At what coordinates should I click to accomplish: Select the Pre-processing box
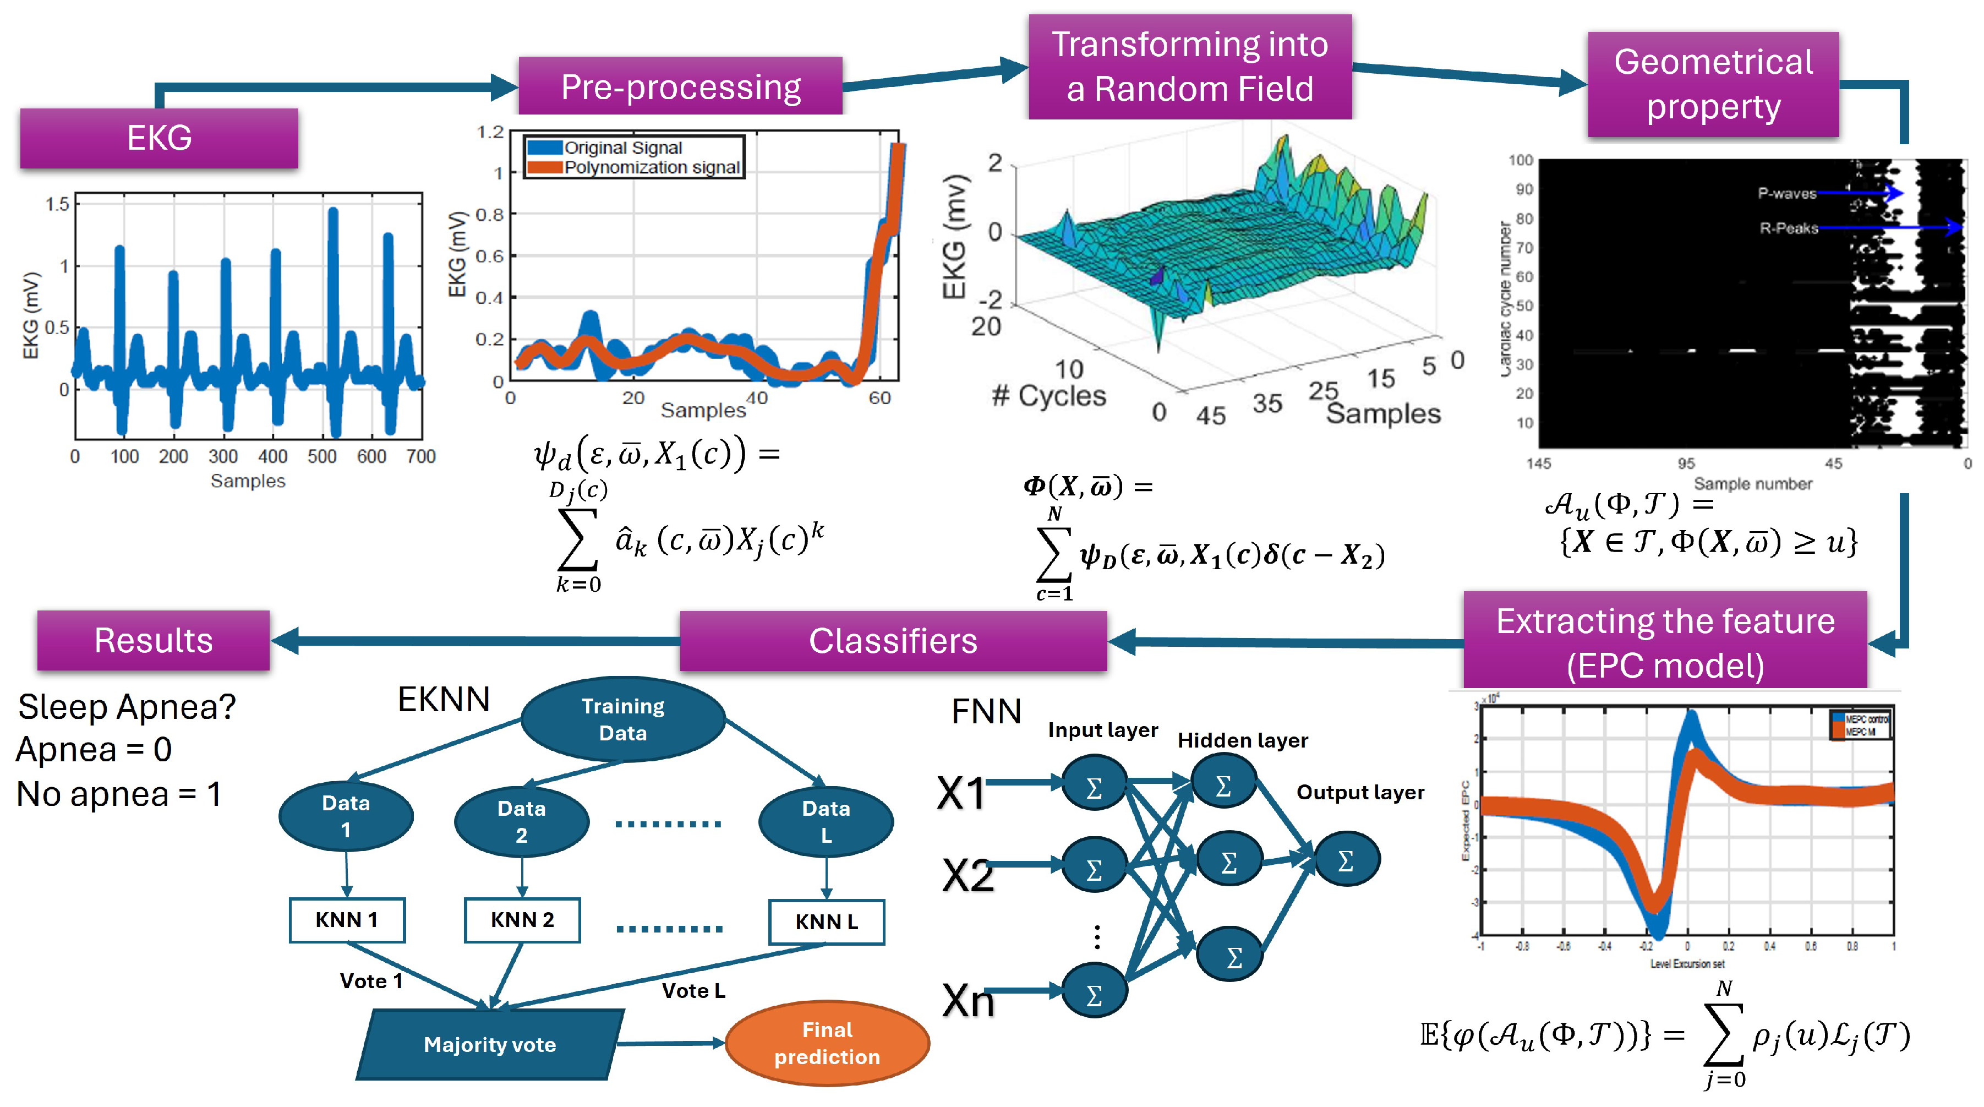680,86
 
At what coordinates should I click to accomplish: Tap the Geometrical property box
1713,84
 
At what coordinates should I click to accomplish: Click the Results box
153,640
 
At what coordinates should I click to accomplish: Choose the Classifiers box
893,641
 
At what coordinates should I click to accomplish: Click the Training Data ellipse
622,719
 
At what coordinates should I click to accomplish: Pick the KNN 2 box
522,920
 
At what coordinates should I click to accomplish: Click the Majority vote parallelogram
490,1045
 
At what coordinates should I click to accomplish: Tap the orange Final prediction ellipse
827,1043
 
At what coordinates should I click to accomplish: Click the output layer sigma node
1346,860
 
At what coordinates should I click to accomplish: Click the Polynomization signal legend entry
652,167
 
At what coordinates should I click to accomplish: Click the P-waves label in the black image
1787,193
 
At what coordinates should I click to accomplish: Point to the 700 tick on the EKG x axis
420,457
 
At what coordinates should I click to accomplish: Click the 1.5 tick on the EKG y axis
57,204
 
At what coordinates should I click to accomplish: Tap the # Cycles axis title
1049,396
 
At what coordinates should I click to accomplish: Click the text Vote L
693,991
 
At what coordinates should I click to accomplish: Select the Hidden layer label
1242,740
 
